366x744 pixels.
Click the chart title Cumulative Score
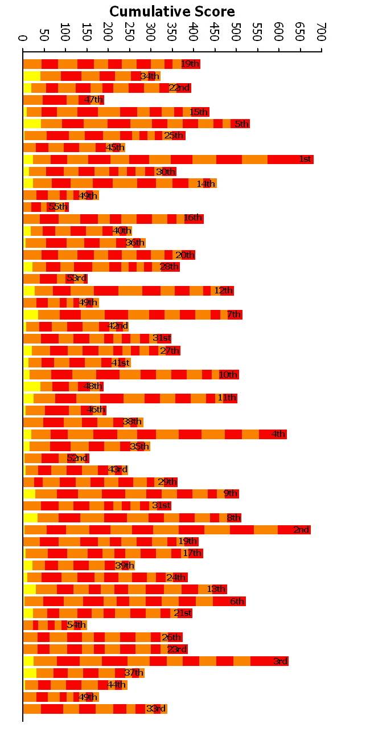click(172, 11)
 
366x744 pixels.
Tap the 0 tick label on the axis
click(23, 38)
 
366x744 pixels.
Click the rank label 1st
click(305, 159)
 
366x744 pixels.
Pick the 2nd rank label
click(302, 530)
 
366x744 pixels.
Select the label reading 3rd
click(280, 661)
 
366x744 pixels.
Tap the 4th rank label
click(278, 434)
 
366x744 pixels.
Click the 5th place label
click(242, 124)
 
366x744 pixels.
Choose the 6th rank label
click(237, 602)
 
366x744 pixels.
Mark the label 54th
click(76, 625)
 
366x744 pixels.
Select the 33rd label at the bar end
click(156, 709)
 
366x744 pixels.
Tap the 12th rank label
click(224, 291)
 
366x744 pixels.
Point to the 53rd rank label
click(76, 279)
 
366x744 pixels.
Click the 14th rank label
click(206, 183)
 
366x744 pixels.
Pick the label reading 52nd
click(77, 458)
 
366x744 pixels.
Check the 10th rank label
click(228, 374)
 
